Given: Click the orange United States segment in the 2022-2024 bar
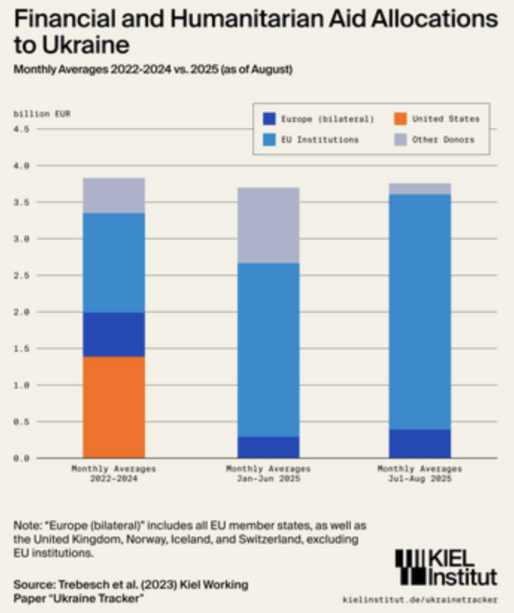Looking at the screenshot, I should coord(114,407).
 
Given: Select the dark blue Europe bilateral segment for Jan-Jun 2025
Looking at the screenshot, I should coord(268,447).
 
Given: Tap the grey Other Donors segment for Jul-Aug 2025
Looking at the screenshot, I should coord(420,189).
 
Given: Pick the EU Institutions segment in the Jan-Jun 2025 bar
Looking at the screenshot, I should coord(268,350).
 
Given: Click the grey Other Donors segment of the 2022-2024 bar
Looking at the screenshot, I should coord(114,195).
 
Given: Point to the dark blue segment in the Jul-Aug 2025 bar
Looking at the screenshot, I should coord(420,444).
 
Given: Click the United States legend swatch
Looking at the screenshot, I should coord(400,119).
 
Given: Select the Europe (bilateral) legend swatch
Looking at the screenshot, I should coord(269,119).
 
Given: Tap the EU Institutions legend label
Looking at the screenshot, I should coord(320,140).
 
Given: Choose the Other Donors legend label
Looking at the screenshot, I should coord(443,140).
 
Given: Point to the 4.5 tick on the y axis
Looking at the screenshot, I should coord(21,129).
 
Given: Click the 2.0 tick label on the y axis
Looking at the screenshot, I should coord(21,312).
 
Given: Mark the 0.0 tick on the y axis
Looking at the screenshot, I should coord(21,458).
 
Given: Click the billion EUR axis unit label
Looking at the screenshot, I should coord(42,114).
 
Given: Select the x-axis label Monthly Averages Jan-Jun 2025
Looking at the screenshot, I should coord(268,474).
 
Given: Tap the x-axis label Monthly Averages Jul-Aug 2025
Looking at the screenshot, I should coord(420,474).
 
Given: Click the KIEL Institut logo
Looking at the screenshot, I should coord(446,567).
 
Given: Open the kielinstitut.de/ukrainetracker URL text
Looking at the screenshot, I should coord(420,599).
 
